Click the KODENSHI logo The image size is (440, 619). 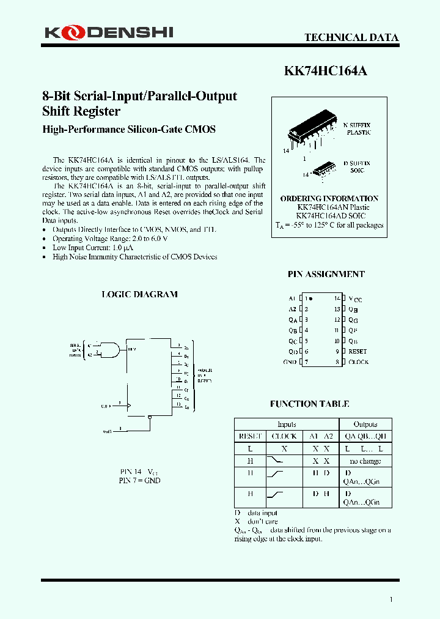tap(107, 32)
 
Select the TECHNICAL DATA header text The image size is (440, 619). tap(351, 37)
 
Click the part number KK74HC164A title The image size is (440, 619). tap(326, 71)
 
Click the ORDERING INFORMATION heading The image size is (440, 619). tap(329, 199)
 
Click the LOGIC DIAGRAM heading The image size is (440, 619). tap(139, 294)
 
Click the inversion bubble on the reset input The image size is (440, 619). tap(150, 418)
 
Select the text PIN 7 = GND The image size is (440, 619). tap(139, 481)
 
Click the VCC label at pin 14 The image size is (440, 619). tap(355, 299)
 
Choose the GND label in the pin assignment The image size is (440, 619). tap(290, 362)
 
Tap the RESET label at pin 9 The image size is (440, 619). tap(358, 352)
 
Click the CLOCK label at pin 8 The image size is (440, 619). tap(358, 362)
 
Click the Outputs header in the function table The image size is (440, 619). tap(365, 424)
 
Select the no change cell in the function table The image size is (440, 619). tap(365, 461)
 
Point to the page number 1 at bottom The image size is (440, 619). tap(391, 599)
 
